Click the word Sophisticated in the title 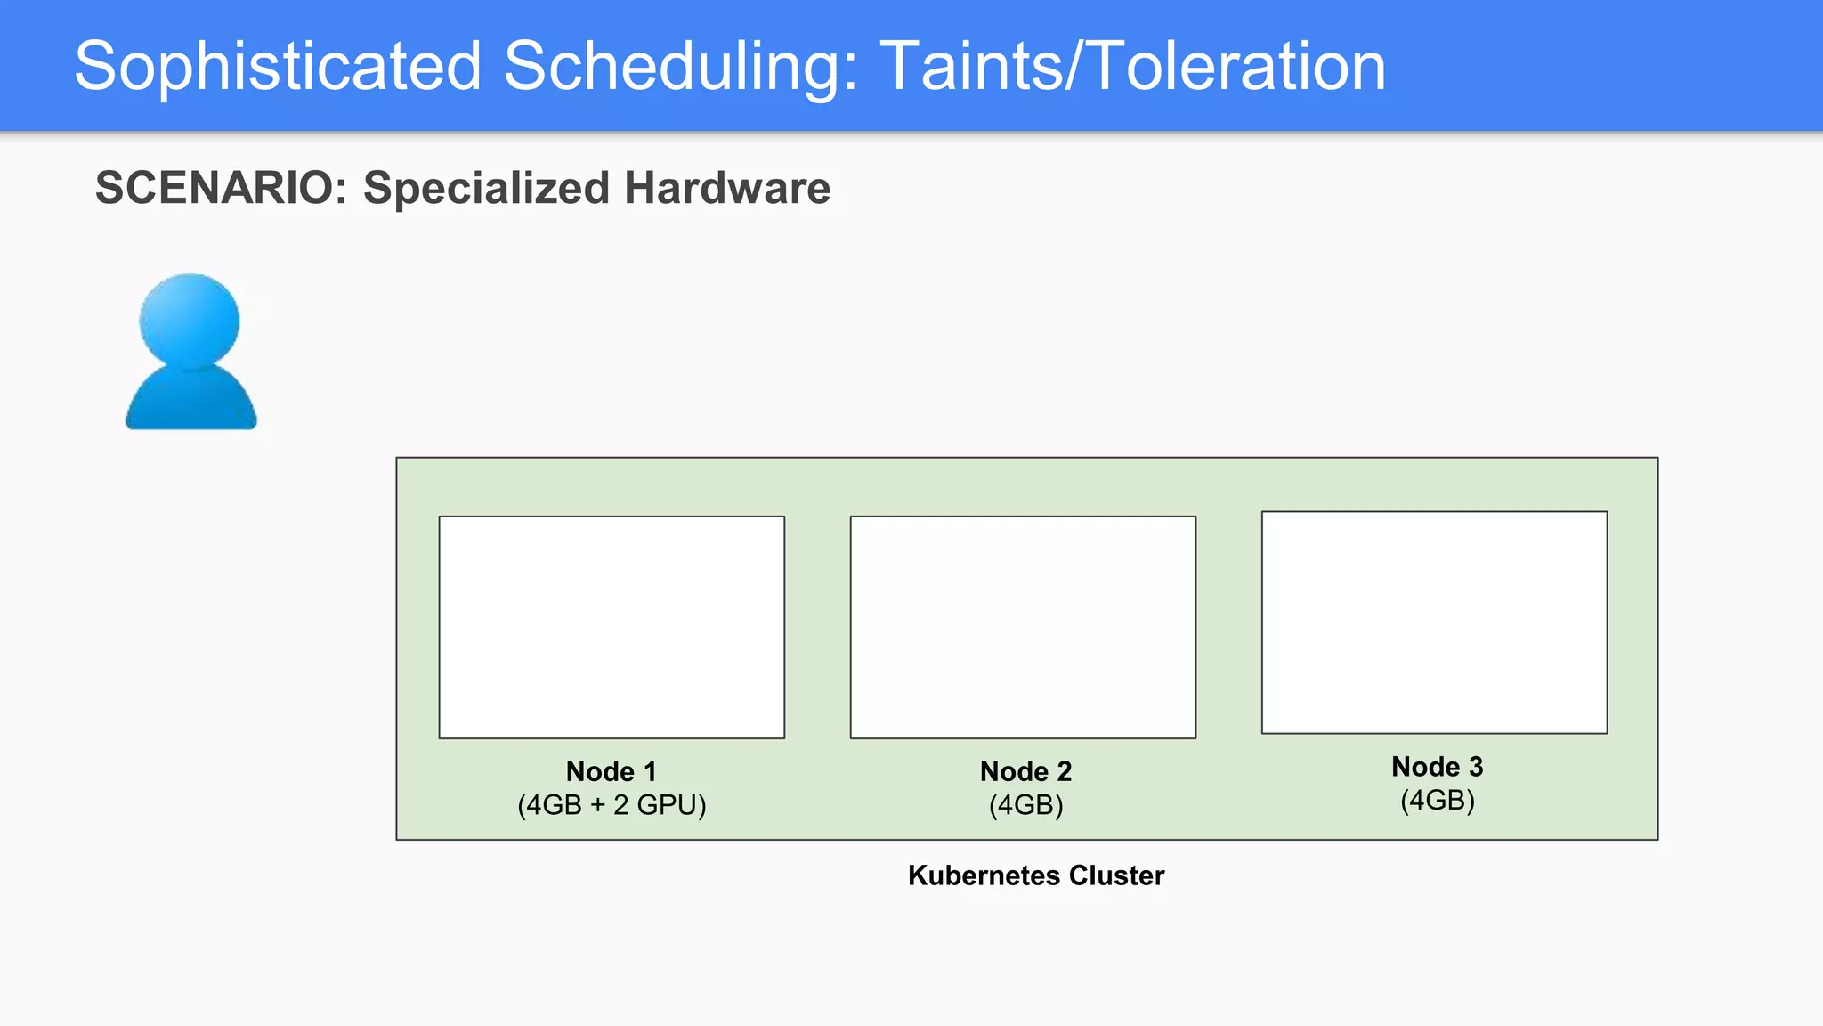tap(277, 66)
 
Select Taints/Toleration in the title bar tap(1132, 66)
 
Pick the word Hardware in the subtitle tap(726, 188)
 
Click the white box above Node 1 tap(612, 627)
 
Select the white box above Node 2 tap(1023, 627)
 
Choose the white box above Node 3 tap(1434, 623)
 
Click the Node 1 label tap(612, 771)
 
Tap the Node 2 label tap(1025, 771)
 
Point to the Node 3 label tap(1437, 767)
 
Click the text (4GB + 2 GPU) tap(612, 805)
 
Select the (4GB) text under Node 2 tap(1025, 805)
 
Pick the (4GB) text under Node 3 tap(1437, 801)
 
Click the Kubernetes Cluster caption tap(1035, 875)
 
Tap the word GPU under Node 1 tap(668, 805)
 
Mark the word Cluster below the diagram tap(1116, 875)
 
